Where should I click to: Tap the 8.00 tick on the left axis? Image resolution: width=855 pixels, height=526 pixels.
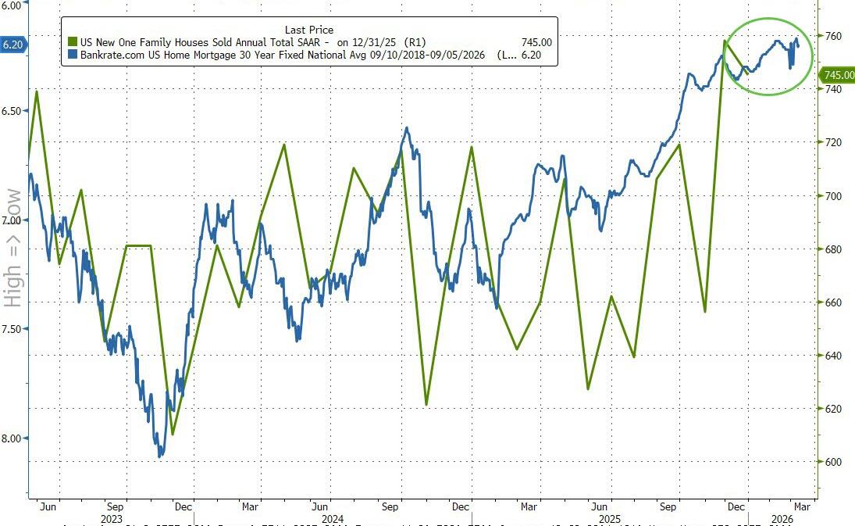(11, 438)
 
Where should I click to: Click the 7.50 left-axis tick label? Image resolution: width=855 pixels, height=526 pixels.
(11, 329)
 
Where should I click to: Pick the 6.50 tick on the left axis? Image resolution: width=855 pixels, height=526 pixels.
(11, 111)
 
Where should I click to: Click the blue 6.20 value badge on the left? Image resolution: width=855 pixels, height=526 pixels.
(12, 45)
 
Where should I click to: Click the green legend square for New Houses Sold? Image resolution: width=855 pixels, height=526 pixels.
(73, 42)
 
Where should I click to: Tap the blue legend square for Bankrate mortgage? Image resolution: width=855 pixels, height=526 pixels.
(73, 55)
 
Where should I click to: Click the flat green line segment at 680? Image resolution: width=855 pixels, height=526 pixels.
(138, 246)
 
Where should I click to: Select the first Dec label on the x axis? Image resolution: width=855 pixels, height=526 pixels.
(183, 506)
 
